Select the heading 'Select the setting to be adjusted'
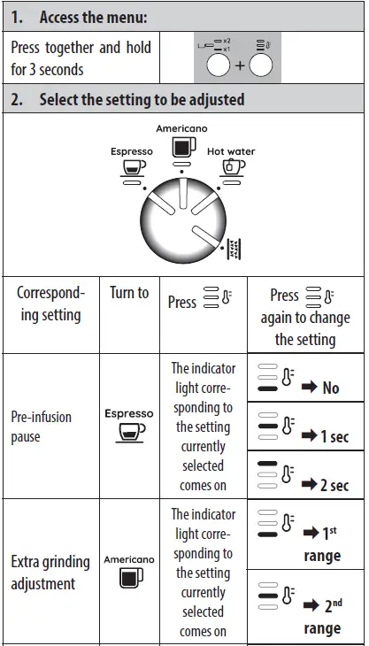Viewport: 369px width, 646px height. coord(141,99)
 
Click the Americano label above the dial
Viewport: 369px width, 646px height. coord(181,129)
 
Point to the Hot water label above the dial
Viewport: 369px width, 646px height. coord(231,151)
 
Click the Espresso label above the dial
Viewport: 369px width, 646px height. coord(132,151)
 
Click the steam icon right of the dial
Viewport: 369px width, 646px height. coord(234,247)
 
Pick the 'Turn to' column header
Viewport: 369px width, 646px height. coord(129,293)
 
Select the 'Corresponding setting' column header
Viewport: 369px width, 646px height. coord(51,303)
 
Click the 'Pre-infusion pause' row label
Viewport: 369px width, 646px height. coord(42,426)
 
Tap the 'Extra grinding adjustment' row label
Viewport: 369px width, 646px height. coord(50,573)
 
